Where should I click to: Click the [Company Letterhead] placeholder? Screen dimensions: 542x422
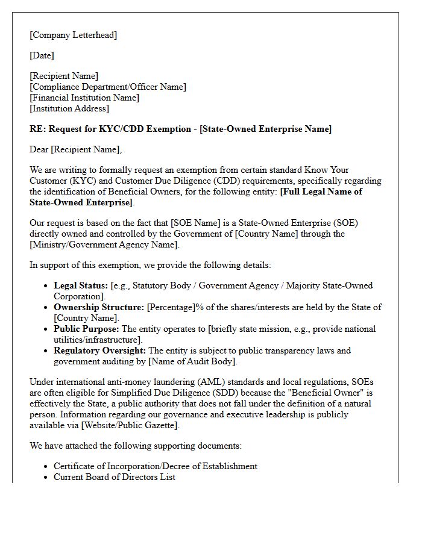click(x=74, y=35)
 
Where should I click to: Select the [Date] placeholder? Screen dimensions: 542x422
click(x=42, y=55)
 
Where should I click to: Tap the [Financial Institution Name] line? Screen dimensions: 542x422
click(x=84, y=98)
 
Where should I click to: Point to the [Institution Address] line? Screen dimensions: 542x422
click(x=69, y=108)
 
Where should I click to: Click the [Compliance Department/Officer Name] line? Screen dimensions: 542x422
click(x=108, y=87)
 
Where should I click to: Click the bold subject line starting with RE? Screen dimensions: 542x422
click(x=180, y=129)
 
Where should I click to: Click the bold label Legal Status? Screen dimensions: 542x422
click(x=81, y=285)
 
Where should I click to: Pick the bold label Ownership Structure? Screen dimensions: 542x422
click(x=99, y=307)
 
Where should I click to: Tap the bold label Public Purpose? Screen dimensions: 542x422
click(x=87, y=329)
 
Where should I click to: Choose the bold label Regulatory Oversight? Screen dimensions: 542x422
click(x=99, y=350)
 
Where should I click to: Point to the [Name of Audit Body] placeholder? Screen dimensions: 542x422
click(x=195, y=361)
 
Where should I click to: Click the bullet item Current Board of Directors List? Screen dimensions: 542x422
click(x=115, y=477)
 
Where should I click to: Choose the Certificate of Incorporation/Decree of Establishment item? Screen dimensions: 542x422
click(x=156, y=466)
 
